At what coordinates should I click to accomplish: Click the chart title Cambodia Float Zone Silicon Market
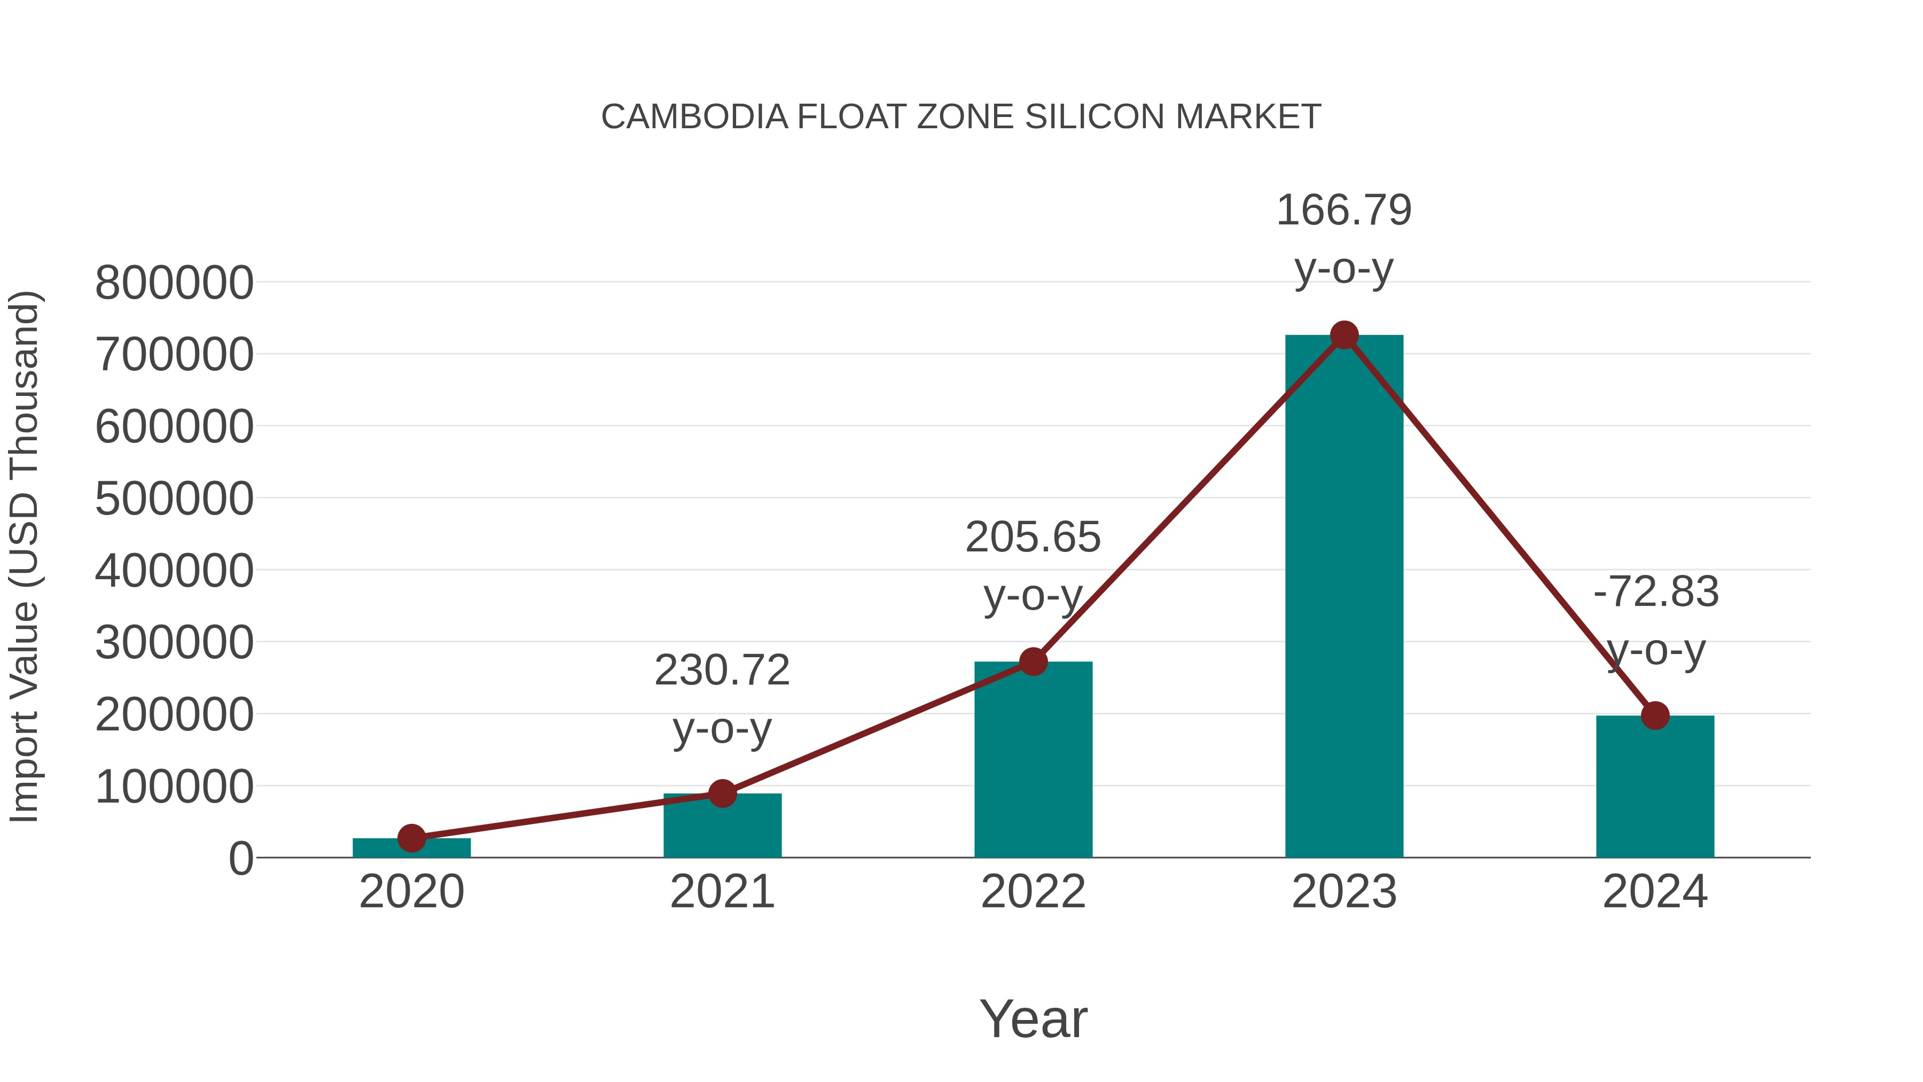click(x=961, y=117)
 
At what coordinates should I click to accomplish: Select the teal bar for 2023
click(x=1344, y=597)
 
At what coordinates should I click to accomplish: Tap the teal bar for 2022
click(x=1033, y=761)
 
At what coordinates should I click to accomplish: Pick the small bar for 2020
click(x=411, y=849)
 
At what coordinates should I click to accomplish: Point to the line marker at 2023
click(x=1344, y=335)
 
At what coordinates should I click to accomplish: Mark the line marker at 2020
click(x=411, y=838)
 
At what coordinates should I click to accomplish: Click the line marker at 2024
click(x=1655, y=715)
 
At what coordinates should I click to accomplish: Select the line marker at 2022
click(x=1033, y=661)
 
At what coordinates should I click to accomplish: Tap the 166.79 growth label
click(x=1344, y=211)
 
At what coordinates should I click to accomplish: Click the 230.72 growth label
click(x=722, y=671)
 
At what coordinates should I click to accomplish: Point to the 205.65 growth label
click(x=1033, y=538)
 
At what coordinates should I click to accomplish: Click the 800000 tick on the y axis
click(x=174, y=284)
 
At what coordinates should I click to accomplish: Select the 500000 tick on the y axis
click(x=174, y=499)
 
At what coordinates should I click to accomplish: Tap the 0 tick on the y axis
click(x=241, y=859)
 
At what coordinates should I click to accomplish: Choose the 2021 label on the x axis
click(x=722, y=892)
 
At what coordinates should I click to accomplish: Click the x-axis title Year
click(x=1033, y=1019)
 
